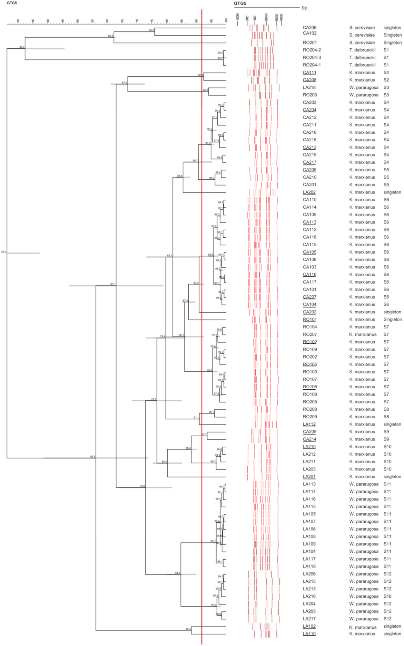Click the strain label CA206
click(x=309, y=28)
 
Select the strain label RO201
click(x=309, y=43)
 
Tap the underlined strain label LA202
click(x=309, y=192)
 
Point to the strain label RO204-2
click(x=312, y=50)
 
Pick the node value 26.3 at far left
click(x=3, y=252)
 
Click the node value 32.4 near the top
click(x=22, y=47)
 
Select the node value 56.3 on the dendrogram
click(x=92, y=457)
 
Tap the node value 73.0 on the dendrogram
click(x=142, y=486)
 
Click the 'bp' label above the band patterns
click(x=304, y=8)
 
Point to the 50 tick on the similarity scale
click(x=78, y=21)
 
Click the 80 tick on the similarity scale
click(x=167, y=21)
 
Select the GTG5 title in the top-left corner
click(x=12, y=3)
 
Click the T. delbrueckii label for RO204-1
click(x=362, y=65)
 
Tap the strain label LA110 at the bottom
click(x=309, y=634)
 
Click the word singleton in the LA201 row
click(x=392, y=477)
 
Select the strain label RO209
click(x=309, y=417)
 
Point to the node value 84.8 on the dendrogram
click(x=177, y=573)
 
